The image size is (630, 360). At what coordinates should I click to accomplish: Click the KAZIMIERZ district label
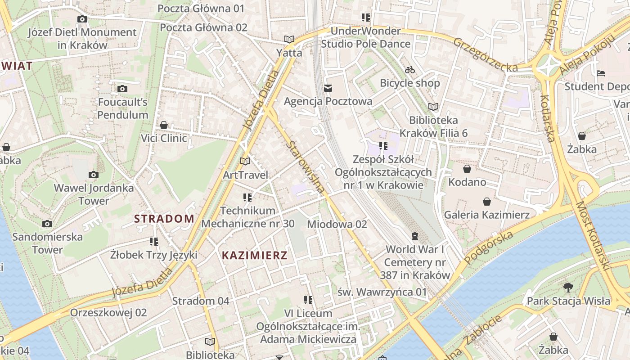coord(254,256)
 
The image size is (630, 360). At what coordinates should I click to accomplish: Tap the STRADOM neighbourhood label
coord(164,219)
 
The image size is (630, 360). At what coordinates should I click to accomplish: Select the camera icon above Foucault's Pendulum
coord(122,89)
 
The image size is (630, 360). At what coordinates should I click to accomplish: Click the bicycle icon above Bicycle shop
coord(409,70)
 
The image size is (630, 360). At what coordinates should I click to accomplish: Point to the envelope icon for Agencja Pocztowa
coord(328,88)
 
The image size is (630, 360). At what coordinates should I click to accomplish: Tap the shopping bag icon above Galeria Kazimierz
coord(486,202)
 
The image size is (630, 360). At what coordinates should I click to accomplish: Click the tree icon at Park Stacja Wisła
coord(568,287)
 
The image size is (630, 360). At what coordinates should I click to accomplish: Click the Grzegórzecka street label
coord(486,54)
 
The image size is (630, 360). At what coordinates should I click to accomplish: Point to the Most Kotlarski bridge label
coord(594,236)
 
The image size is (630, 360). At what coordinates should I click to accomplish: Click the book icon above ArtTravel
coord(245,161)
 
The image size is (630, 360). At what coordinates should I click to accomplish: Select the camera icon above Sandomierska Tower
coord(47,224)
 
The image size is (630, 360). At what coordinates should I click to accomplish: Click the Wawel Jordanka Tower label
coord(94,194)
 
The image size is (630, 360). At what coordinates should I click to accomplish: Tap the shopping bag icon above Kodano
coord(467,169)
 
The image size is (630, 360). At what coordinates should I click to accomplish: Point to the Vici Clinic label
coord(164,138)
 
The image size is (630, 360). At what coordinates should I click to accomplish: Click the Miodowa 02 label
coord(337,224)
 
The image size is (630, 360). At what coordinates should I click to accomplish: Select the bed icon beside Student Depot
coord(601,73)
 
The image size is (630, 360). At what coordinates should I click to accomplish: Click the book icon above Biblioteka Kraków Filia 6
coord(433,107)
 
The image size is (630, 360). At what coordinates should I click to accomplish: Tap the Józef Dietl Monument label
coord(82,39)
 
